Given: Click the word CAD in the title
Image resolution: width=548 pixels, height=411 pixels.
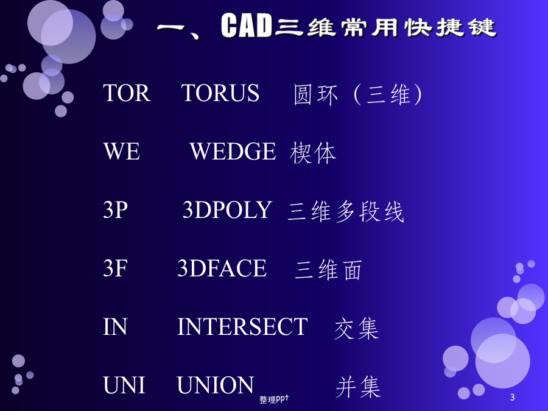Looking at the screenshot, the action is (x=247, y=26).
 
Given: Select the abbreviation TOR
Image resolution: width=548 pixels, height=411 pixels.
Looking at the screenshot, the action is (x=127, y=93).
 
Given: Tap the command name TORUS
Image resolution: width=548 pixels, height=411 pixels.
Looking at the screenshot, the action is (x=220, y=93).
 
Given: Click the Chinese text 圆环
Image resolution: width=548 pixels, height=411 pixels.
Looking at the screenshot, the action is (x=316, y=95).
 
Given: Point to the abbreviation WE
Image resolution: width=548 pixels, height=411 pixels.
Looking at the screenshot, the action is (x=122, y=152).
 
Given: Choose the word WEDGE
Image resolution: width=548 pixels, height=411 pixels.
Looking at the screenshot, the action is (x=233, y=152).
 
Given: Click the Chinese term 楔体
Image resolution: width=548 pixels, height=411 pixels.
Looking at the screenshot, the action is (x=313, y=153).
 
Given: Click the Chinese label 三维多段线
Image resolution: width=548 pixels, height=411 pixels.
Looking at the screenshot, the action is (x=346, y=211).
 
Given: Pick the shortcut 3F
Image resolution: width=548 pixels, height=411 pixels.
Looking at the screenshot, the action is (x=115, y=268).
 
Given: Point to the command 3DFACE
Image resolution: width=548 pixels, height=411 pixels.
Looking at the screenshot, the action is (x=222, y=268).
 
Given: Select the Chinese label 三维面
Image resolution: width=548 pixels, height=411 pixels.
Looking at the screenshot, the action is (x=328, y=270).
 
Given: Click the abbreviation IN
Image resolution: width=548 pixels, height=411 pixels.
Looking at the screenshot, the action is (x=115, y=327).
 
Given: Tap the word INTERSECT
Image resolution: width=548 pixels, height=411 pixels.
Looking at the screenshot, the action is (x=242, y=327).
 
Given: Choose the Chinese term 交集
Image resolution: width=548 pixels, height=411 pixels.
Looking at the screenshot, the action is (x=356, y=329).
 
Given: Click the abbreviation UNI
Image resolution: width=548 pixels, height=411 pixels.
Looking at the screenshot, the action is (x=124, y=385).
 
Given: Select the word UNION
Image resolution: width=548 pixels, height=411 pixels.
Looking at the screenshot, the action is (x=216, y=385).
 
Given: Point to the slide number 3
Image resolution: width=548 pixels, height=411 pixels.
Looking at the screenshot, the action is (x=512, y=398).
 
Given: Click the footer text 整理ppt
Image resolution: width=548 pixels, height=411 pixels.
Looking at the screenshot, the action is (x=274, y=399).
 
